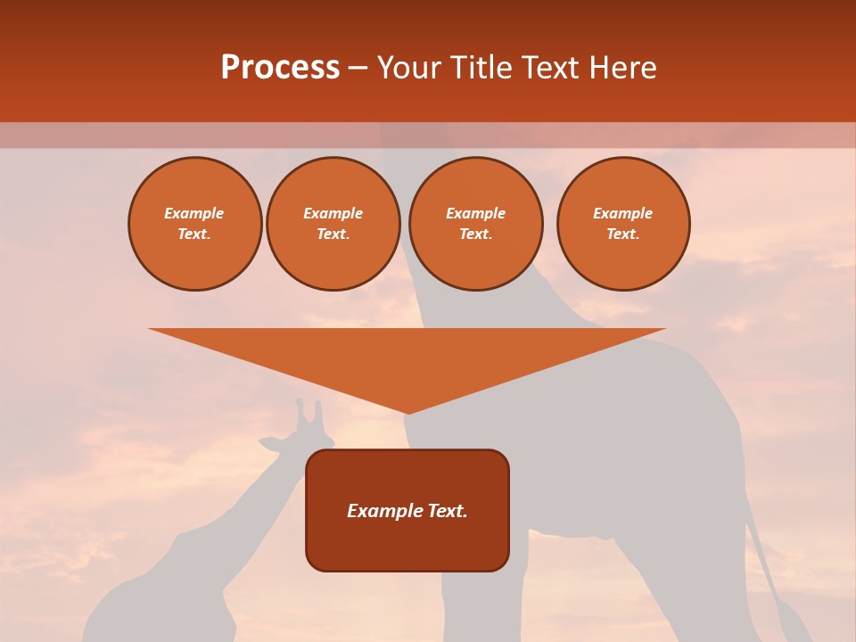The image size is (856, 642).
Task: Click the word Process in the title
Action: (280, 68)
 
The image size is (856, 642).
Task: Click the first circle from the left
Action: (195, 224)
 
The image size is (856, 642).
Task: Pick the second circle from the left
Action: (333, 224)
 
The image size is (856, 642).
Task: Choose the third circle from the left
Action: (475, 224)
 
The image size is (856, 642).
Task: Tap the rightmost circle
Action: (623, 224)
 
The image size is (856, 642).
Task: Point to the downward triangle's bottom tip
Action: (407, 412)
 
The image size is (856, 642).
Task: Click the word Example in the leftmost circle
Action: (194, 213)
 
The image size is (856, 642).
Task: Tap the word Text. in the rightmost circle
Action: (623, 234)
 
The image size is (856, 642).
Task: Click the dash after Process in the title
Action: (358, 68)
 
